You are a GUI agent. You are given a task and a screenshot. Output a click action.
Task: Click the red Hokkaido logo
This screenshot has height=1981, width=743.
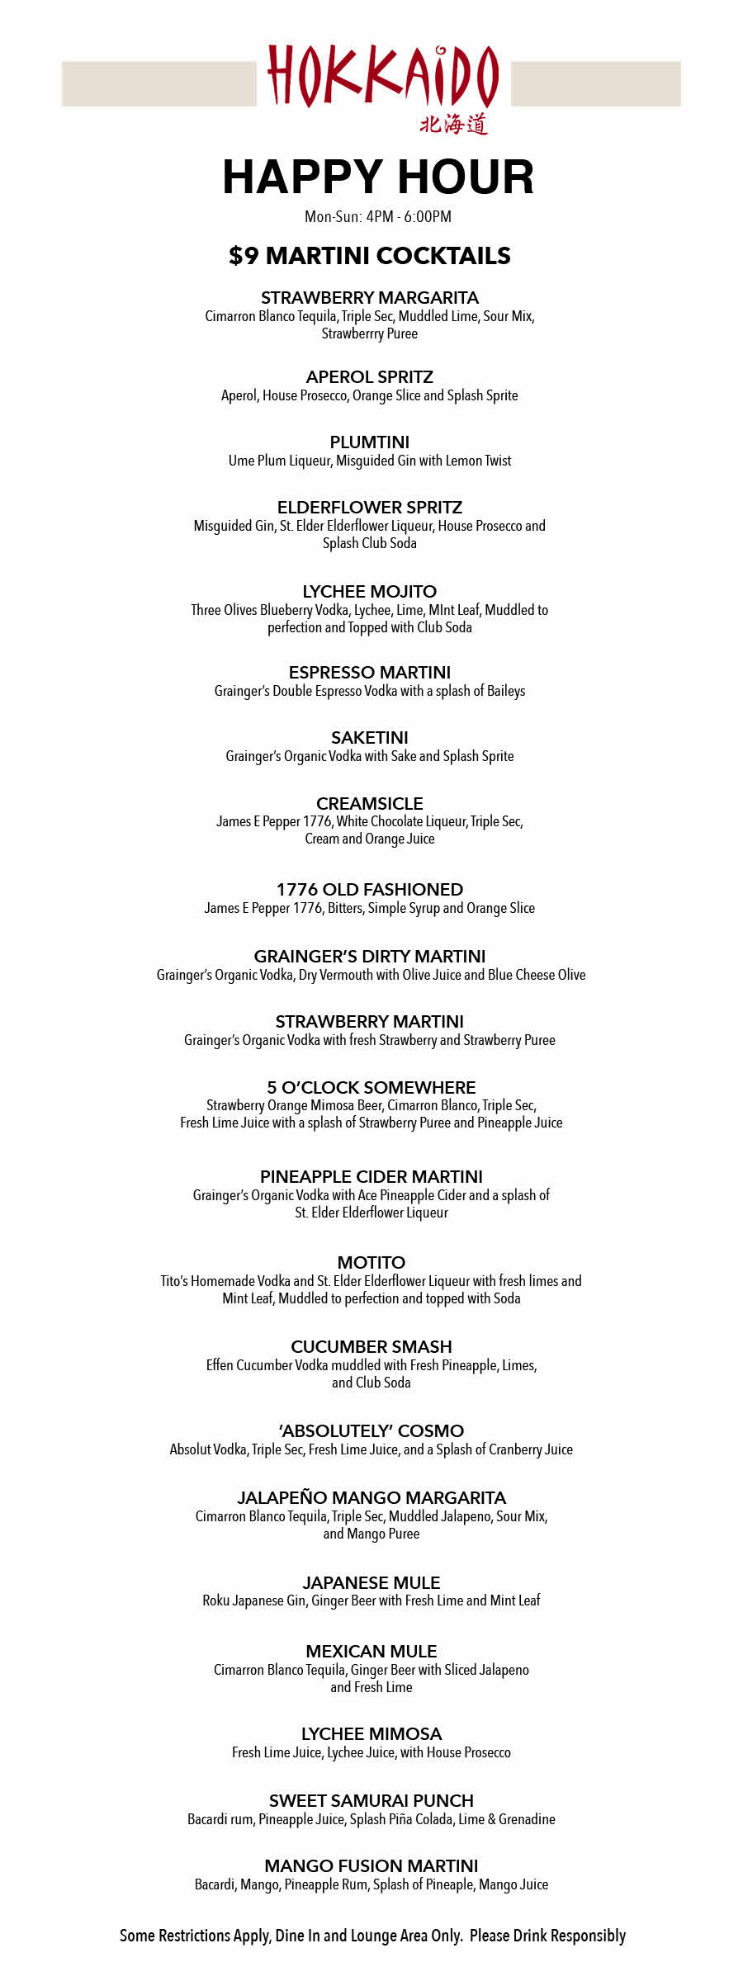click(x=382, y=77)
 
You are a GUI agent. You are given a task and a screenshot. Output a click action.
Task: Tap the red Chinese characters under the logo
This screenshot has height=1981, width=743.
click(x=453, y=125)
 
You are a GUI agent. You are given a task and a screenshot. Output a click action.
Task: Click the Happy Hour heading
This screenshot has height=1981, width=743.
click(x=378, y=177)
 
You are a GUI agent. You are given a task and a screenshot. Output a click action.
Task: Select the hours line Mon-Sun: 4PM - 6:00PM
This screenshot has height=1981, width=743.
click(x=378, y=217)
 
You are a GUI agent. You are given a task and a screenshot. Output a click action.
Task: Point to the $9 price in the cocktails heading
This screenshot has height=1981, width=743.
click(x=244, y=256)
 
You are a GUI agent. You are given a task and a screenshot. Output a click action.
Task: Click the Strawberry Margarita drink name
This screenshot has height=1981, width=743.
click(x=370, y=298)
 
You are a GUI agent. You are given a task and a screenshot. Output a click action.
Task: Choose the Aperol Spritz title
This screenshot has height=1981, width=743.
click(x=370, y=377)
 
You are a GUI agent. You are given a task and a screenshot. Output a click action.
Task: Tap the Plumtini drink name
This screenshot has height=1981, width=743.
click(x=370, y=442)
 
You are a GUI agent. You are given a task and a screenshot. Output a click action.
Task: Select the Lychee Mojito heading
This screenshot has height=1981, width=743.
click(x=370, y=592)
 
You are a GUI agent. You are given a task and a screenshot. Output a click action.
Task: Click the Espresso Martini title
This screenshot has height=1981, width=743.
click(x=370, y=673)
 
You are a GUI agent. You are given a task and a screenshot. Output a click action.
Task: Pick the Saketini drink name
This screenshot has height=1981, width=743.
click(x=370, y=738)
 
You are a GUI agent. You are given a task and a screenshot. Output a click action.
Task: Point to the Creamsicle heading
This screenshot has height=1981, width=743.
click(x=370, y=804)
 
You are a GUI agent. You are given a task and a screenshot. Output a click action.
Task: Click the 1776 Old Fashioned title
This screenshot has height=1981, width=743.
click(x=370, y=890)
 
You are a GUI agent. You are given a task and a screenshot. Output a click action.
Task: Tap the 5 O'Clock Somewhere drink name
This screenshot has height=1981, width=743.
click(x=371, y=1088)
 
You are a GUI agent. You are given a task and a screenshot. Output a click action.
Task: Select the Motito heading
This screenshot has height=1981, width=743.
click(x=371, y=1263)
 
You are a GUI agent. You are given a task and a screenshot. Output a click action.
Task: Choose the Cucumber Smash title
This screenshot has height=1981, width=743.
click(x=371, y=1347)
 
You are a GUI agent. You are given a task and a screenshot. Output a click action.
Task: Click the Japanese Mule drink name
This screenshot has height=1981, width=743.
click(x=371, y=1583)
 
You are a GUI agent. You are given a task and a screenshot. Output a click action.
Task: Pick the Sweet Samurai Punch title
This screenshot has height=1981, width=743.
click(x=371, y=1801)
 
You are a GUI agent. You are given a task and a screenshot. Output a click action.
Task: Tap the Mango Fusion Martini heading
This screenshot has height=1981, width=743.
click(x=371, y=1866)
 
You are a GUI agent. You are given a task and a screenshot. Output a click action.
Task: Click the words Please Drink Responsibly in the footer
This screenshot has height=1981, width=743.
click(x=547, y=1936)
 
